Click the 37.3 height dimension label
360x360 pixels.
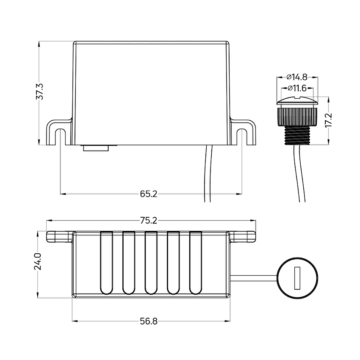coord(39,91)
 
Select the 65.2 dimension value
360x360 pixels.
coord(149,194)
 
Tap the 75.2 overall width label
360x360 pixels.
coord(149,221)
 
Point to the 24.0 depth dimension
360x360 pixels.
coord(37,261)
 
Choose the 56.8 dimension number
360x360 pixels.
coord(149,321)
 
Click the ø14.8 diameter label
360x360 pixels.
coord(297,77)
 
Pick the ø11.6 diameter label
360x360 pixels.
coord(297,88)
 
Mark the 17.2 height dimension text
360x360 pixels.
coord(329,120)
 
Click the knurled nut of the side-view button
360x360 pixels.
coord(297,116)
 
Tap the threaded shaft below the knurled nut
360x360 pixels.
coord(297,135)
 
